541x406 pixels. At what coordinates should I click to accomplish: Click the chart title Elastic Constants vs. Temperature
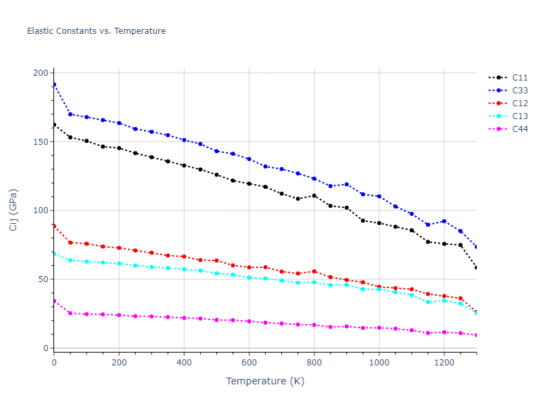[x=96, y=31]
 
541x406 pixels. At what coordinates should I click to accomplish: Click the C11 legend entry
[x=520, y=78]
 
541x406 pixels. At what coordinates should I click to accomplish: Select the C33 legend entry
[x=520, y=91]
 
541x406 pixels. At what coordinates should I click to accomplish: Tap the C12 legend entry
[x=520, y=104]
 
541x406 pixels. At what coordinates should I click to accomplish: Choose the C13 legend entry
[x=520, y=116]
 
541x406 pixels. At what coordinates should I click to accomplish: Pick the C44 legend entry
[x=520, y=129]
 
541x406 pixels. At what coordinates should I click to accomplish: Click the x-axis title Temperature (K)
[x=265, y=381]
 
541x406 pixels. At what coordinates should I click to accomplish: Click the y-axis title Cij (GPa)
[x=14, y=210]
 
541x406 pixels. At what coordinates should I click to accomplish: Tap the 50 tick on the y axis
[x=44, y=279]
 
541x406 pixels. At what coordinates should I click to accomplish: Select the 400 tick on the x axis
[x=184, y=362]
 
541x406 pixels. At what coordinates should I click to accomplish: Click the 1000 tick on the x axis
[x=379, y=362]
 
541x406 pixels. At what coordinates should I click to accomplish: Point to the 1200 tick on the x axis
[x=444, y=362]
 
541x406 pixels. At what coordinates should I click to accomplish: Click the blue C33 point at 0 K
[x=54, y=85]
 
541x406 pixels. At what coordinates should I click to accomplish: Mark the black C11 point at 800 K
[x=314, y=196]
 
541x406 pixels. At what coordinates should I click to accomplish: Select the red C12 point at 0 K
[x=54, y=225]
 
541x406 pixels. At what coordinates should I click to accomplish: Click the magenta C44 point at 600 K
[x=249, y=321]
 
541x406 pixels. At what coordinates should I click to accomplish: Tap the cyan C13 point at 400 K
[x=184, y=269]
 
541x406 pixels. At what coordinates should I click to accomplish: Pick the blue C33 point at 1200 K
[x=444, y=221]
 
